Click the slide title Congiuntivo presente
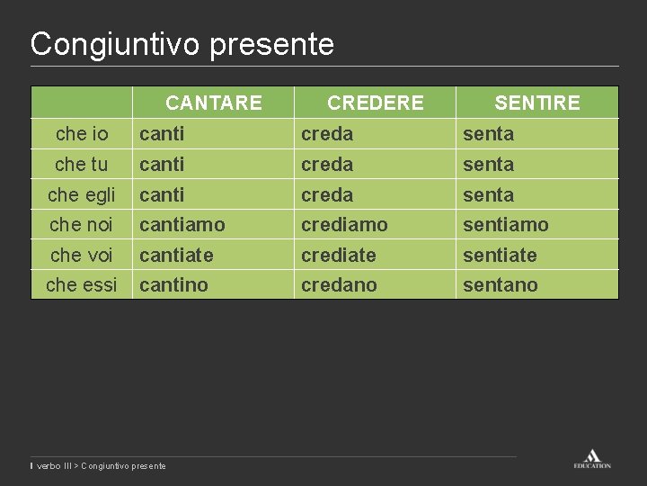pos(182,44)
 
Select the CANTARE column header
pos(214,103)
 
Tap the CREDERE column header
pos(375,103)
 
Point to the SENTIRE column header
pos(536,103)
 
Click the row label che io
pos(82,134)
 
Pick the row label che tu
pos(82,165)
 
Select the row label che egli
pos(82,194)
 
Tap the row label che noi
pos(82,224)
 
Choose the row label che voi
pos(82,255)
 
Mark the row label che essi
pos(82,284)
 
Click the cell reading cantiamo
pos(182,224)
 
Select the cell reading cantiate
pos(176,255)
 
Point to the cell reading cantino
pos(173,284)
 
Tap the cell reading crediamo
pos(344,224)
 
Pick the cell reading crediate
pos(339,255)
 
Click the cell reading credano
pos(339,284)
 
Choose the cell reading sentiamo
pos(505,224)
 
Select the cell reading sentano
pos(500,284)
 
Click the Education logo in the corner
pos(592,458)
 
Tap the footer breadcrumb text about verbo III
pos(100,465)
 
